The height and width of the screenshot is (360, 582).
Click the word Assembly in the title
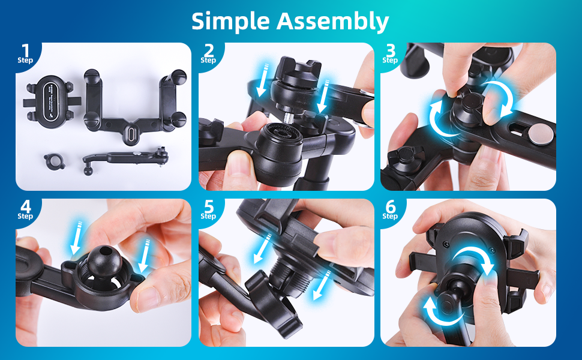tap(332, 22)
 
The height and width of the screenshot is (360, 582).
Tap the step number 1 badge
tap(25, 54)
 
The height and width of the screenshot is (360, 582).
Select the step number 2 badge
tap(208, 54)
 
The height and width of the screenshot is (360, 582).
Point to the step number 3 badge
tap(390, 54)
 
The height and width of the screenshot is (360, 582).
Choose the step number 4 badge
tap(25, 209)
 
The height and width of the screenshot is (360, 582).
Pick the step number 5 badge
tap(208, 209)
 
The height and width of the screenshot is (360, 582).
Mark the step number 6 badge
tap(390, 209)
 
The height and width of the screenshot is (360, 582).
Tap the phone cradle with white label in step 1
tap(52, 99)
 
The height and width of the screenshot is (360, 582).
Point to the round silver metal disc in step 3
tap(541, 134)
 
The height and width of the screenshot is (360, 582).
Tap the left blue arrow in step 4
tap(77, 238)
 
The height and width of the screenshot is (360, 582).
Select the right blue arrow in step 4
tap(144, 256)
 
